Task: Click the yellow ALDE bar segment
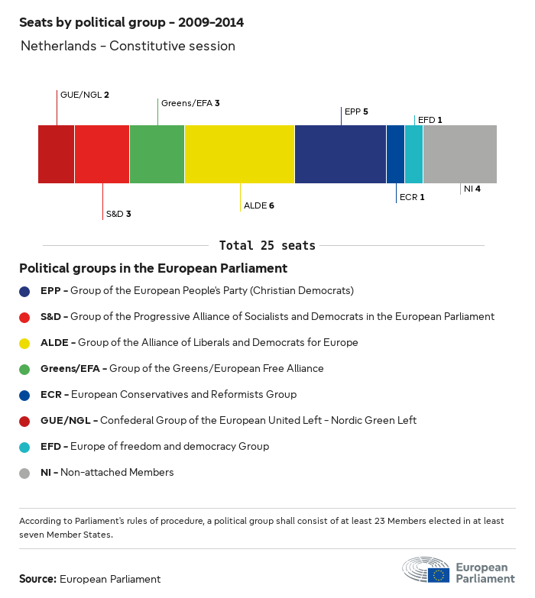(239, 154)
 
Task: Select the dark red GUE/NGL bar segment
(56, 154)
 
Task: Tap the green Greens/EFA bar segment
(157, 154)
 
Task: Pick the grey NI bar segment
(459, 154)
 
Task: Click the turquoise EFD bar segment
(413, 154)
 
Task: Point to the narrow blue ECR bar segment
(395, 154)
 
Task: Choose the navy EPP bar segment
(340, 154)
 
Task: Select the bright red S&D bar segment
(102, 154)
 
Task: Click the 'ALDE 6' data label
(259, 206)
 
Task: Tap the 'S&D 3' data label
(118, 214)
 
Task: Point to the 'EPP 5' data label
(356, 112)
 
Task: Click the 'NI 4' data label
(472, 189)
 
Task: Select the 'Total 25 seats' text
(267, 246)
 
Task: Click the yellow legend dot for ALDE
(25, 343)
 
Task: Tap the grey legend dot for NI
(25, 473)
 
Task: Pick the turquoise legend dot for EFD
(25, 447)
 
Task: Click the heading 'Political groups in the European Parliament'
(153, 269)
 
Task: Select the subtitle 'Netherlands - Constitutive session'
(128, 47)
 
